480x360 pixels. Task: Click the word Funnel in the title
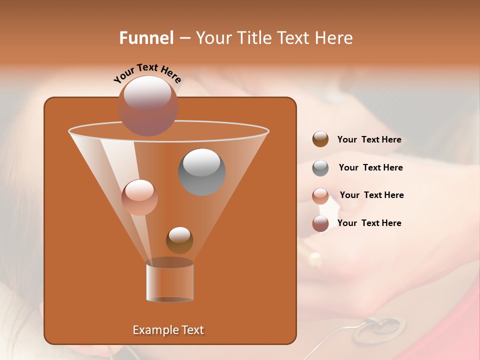coord(146,38)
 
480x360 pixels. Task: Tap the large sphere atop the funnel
coord(148,105)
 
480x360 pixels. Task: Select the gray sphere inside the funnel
coord(201,171)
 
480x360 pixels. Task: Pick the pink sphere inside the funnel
coord(139,197)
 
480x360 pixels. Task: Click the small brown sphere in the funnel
coord(179,240)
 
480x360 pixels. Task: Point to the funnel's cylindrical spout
coord(170,282)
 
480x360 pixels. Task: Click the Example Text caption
coord(168,330)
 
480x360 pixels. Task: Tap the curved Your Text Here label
coord(147,73)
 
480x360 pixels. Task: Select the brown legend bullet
coord(320,139)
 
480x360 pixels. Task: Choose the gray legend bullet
coord(320,168)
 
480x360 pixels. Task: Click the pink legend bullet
coord(320,196)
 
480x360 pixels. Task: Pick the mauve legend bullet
coord(320,223)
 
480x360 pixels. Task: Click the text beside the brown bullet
coord(369,140)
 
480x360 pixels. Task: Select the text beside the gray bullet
coord(370,168)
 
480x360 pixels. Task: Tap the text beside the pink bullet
coord(371,195)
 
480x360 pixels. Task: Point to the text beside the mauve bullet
coord(369,223)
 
